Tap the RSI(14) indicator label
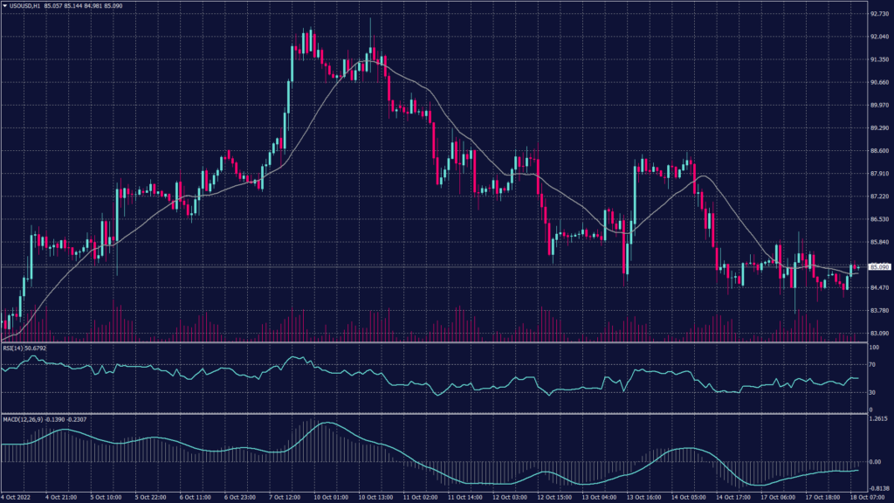(14, 348)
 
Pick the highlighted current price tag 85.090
(876, 267)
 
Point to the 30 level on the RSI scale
(873, 392)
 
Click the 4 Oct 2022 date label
(18, 498)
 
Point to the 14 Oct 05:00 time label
(690, 498)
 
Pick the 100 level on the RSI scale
(874, 348)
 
